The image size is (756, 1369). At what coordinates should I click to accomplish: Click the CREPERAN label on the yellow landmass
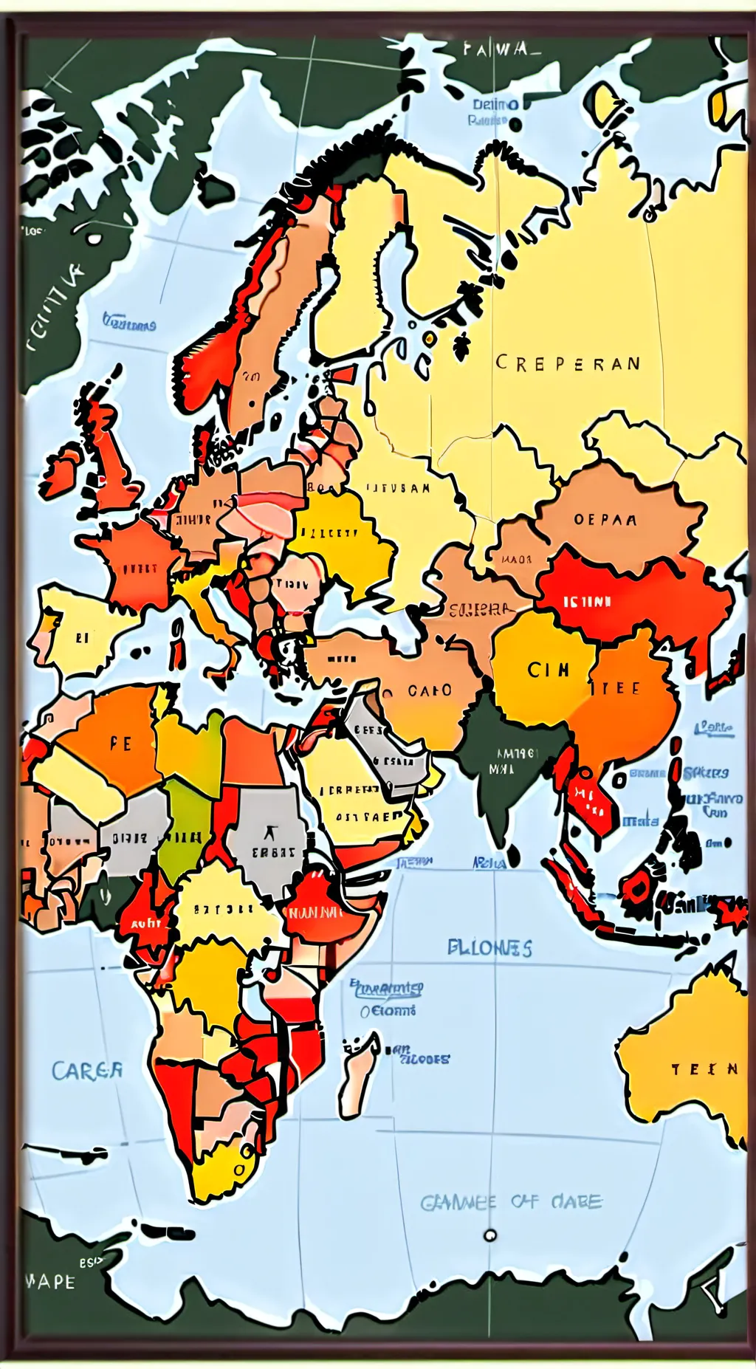point(568,363)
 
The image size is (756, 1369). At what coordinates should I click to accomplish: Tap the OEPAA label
point(605,520)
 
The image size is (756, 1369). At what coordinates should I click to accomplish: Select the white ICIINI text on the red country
point(588,602)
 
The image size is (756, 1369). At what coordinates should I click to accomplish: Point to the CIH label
point(549,670)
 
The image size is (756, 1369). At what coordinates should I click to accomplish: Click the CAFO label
point(430,690)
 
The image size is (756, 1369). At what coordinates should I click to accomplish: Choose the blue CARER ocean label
point(87,1071)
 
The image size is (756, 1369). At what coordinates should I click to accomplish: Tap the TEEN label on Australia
point(704,1069)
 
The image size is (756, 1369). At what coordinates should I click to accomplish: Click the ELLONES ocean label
point(489,948)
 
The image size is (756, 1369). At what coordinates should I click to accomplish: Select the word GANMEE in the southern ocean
point(458,1203)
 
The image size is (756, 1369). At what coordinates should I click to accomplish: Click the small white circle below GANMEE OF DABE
point(489,1235)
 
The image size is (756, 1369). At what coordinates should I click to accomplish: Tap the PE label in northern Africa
point(120,744)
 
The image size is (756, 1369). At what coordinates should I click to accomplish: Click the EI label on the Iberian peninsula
point(82,637)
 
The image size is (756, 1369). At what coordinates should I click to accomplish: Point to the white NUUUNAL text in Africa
point(316,913)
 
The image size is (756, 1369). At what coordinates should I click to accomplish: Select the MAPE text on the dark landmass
point(50,1281)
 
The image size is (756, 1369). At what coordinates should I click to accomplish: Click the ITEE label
point(616,688)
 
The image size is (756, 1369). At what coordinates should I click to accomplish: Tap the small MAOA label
point(516,559)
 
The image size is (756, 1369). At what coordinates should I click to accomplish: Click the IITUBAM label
point(399,488)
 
